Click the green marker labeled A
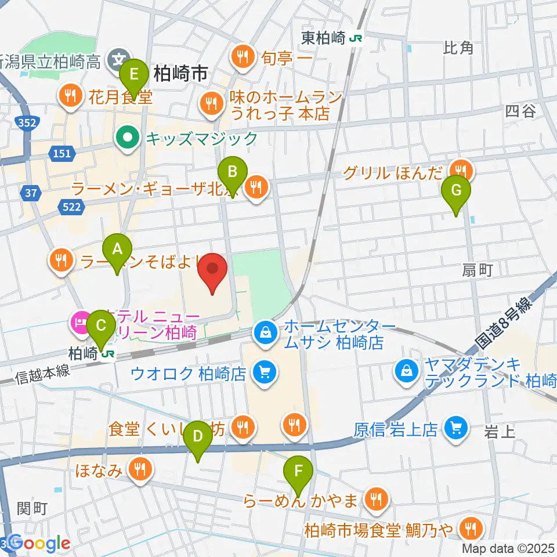117,250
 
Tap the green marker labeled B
232,172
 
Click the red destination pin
212,270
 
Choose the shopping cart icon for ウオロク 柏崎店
265,371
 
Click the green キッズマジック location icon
126,138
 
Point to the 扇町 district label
477,270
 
